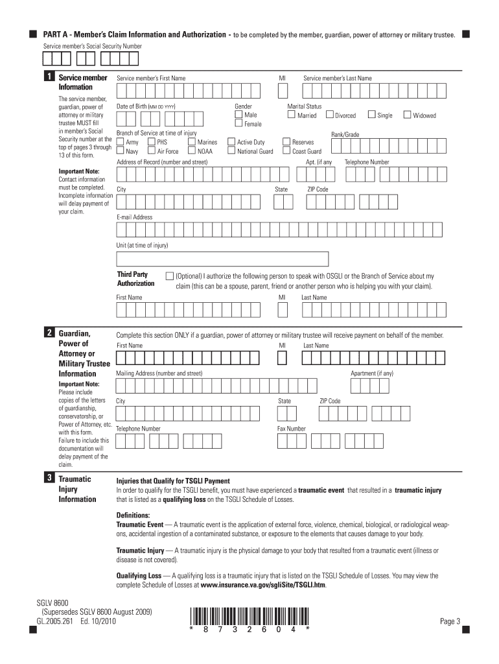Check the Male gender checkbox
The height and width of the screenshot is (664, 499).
click(238, 115)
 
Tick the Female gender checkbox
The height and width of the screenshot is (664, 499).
click(238, 124)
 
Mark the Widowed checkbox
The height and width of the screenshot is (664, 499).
click(407, 115)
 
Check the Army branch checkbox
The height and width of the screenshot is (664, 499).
click(121, 141)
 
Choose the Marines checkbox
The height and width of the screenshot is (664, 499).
click(192, 141)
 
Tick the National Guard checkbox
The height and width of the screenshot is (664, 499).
click(231, 151)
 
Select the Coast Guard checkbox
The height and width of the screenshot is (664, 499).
click(286, 151)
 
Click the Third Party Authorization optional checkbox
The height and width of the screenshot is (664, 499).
click(170, 276)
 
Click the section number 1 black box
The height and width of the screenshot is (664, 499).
click(49, 78)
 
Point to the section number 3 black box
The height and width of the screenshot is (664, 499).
click(49, 479)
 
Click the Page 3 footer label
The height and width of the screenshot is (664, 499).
click(450, 621)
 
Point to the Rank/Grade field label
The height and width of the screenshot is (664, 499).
click(345, 134)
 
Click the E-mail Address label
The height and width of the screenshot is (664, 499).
click(135, 217)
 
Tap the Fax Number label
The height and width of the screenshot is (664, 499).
click(292, 429)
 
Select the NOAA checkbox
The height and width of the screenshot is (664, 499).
click(192, 151)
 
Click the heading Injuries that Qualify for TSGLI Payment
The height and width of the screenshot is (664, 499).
click(173, 481)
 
